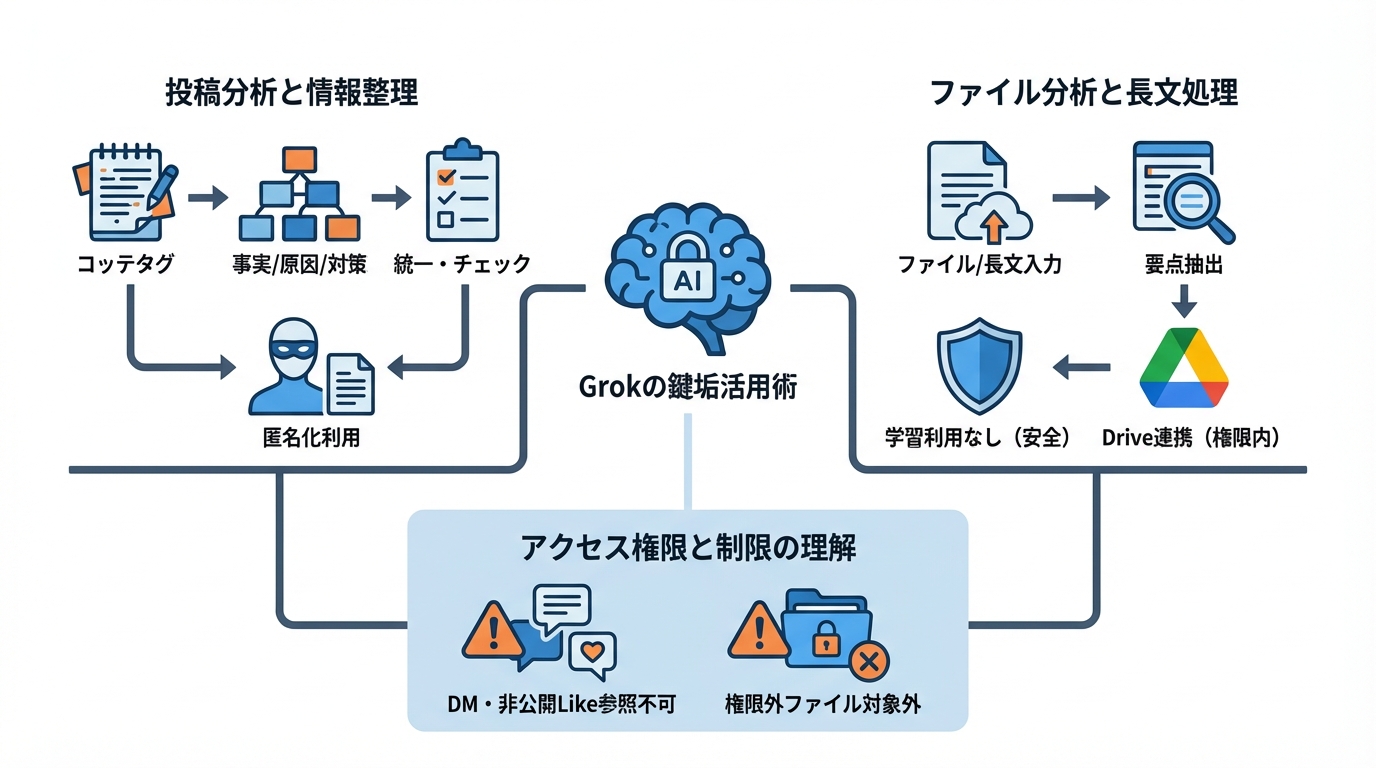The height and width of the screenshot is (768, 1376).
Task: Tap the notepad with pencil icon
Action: tap(125, 193)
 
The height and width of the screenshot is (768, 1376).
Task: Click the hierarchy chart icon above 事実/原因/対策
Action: tap(299, 195)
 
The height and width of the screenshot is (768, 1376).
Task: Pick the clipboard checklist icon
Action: tap(462, 195)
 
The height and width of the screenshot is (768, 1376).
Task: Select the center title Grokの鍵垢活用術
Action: tap(688, 388)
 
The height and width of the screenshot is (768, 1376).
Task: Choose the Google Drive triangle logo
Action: tap(1184, 367)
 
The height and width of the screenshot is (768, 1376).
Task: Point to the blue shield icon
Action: tap(979, 366)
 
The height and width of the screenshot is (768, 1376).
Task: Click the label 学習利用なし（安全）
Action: tap(979, 437)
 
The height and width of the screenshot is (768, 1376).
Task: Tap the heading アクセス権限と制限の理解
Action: tap(688, 547)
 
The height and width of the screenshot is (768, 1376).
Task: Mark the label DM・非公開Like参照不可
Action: tap(560, 704)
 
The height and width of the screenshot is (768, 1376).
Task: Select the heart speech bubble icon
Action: tap(591, 654)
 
